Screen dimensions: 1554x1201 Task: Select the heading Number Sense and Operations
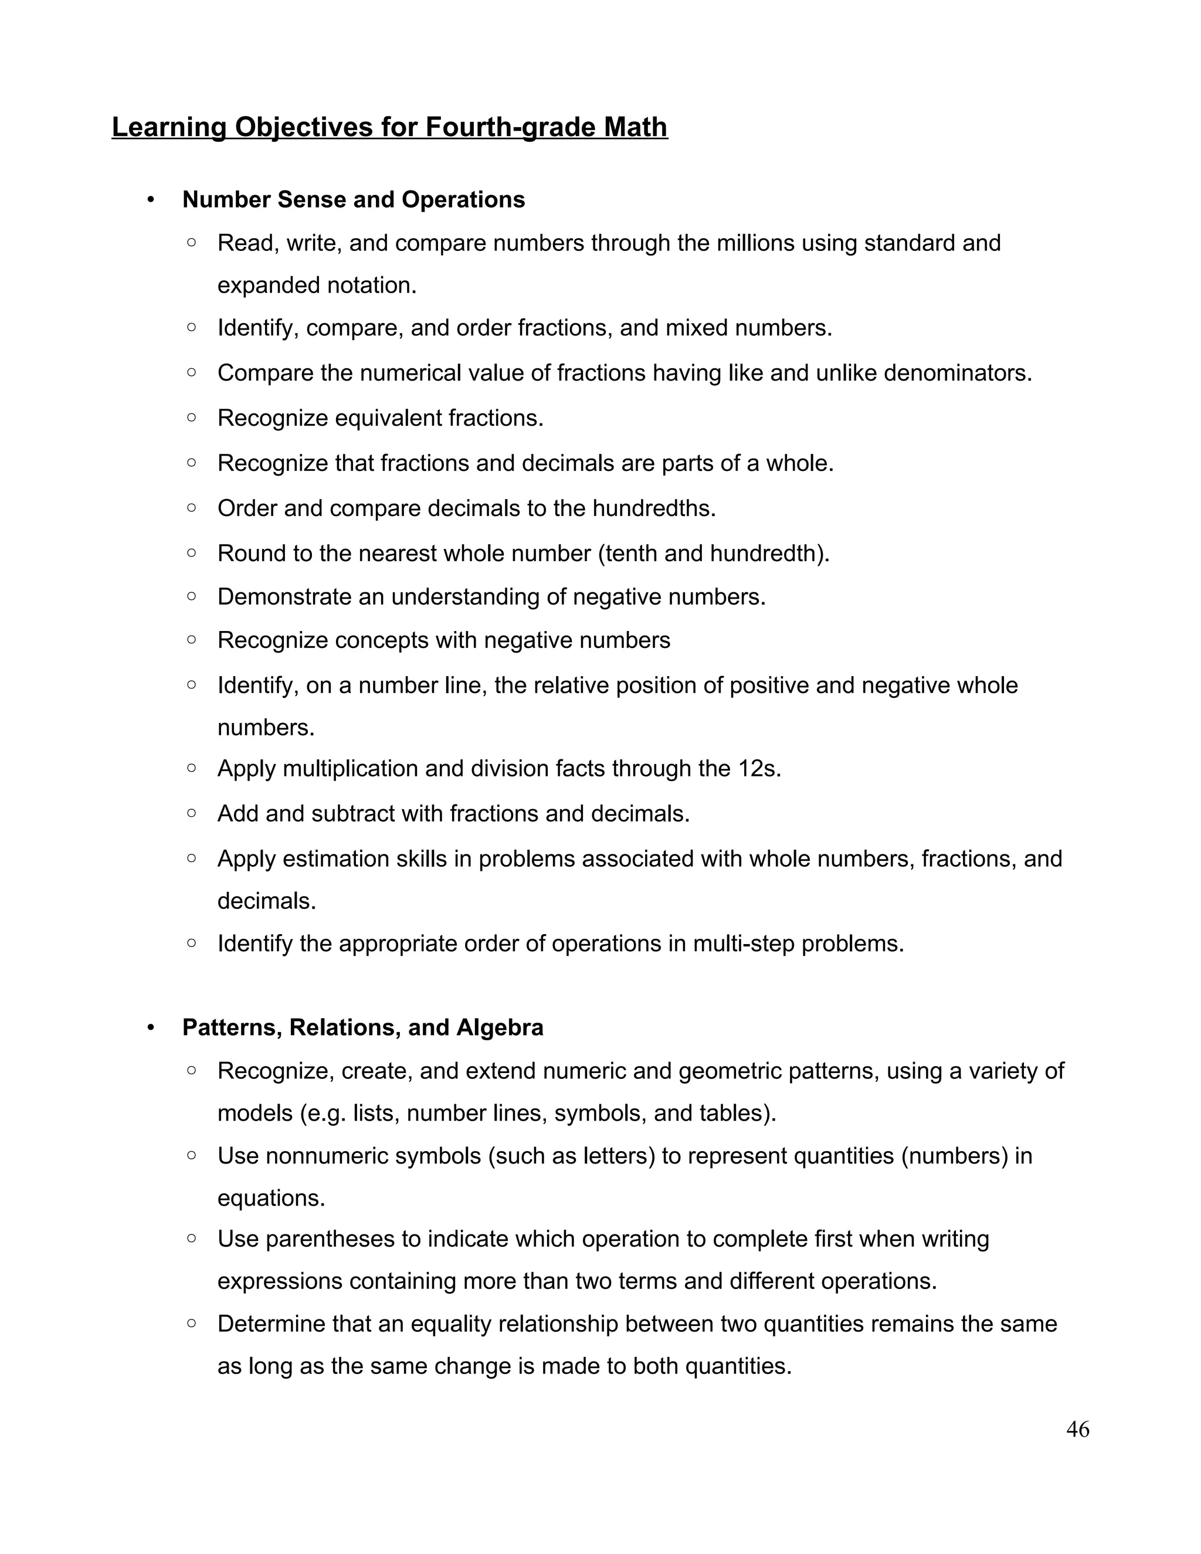click(x=354, y=200)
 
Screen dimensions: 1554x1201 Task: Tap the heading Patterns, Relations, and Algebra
click(x=363, y=1027)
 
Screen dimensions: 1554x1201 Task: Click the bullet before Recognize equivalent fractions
click(x=191, y=418)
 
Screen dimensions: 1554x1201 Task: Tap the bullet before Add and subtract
click(x=191, y=813)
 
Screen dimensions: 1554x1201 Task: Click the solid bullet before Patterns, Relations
click(x=150, y=1028)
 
